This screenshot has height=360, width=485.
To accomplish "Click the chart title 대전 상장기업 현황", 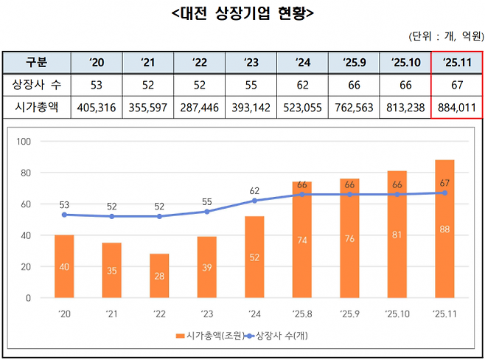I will click(x=242, y=13).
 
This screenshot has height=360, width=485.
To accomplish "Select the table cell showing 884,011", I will click(x=457, y=108).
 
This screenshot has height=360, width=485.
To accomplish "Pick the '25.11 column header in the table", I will click(x=457, y=62).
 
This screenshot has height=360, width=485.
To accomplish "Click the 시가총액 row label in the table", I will click(x=36, y=108).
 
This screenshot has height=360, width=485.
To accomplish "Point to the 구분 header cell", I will click(x=36, y=62).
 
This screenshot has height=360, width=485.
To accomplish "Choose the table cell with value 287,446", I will click(x=200, y=108).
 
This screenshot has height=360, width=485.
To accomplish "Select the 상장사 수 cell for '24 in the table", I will click(x=301, y=85).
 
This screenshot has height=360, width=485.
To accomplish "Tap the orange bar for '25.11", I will click(x=444, y=229).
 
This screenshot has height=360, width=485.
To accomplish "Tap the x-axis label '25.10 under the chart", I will click(x=396, y=314).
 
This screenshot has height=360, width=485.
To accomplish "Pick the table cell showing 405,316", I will click(x=97, y=108).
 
